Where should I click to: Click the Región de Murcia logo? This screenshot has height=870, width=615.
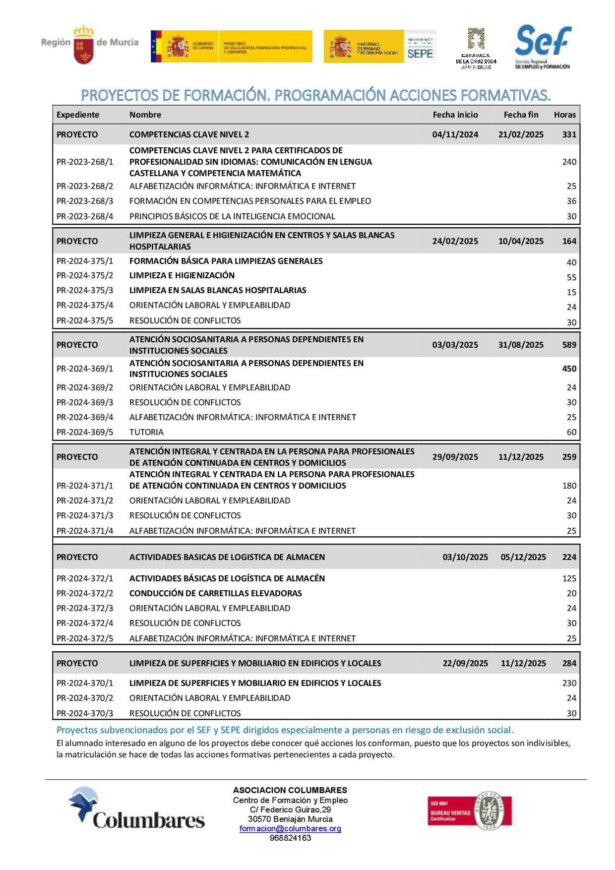tap(89, 44)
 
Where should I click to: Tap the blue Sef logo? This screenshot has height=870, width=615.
tap(543, 47)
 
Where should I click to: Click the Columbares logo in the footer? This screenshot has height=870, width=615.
tap(137, 808)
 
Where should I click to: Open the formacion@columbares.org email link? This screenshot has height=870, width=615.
tap(290, 829)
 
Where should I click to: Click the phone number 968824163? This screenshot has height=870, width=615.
tap(290, 838)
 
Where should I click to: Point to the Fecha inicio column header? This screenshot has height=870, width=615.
tap(455, 115)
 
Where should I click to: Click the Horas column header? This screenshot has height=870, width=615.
tap(564, 115)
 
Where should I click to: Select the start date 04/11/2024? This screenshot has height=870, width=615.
tap(455, 134)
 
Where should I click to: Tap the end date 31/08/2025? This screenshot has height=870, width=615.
tap(521, 345)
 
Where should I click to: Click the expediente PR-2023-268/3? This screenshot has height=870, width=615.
tap(85, 201)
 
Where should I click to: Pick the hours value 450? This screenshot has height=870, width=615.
tap(569, 369)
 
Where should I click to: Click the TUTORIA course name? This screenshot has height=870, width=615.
tap(146, 432)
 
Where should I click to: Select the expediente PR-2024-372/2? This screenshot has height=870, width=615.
tap(85, 593)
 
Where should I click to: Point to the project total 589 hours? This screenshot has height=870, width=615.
tap(569, 345)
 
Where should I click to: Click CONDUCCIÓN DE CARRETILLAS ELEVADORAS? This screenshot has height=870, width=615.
tap(215, 593)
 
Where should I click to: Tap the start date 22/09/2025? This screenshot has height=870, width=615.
tap(465, 663)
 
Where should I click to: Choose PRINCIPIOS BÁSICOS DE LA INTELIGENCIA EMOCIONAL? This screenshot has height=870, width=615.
tap(232, 216)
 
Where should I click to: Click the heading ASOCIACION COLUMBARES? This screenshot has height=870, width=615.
tap(290, 790)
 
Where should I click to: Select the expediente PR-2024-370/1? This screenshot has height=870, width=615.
tap(85, 683)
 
